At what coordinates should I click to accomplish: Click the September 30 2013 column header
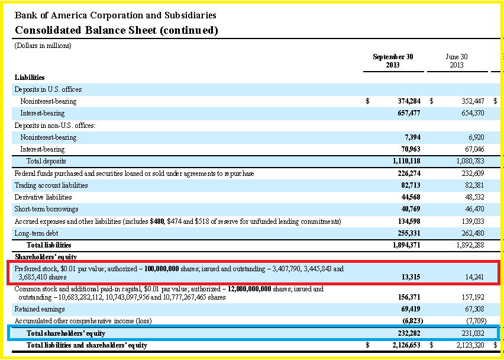click(393, 61)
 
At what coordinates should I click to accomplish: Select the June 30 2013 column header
click(457, 61)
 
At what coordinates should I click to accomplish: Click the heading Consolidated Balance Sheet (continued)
click(117, 30)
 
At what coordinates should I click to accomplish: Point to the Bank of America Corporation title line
click(115, 15)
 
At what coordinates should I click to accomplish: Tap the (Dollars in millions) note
click(43, 46)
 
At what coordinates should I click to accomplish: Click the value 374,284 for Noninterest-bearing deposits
click(409, 101)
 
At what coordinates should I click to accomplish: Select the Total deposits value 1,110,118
click(406, 161)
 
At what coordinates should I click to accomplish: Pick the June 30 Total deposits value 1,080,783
click(470, 161)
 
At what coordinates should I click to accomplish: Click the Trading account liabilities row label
click(51, 185)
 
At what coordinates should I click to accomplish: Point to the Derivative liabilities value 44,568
click(411, 197)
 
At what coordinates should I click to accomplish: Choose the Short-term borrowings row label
click(46, 209)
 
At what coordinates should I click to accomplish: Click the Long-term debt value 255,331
click(409, 233)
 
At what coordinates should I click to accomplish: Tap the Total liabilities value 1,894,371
click(406, 245)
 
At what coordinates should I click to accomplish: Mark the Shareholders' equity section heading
click(46, 257)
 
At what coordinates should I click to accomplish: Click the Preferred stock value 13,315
click(411, 277)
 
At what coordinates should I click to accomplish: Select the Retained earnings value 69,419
click(411, 309)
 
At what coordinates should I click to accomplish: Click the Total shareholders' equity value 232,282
click(409, 333)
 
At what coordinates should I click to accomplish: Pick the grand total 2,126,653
click(406, 345)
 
